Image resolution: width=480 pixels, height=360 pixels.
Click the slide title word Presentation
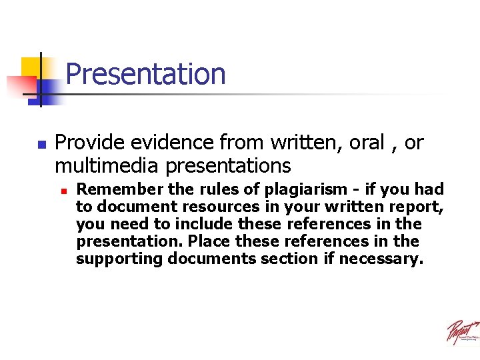pos(145,74)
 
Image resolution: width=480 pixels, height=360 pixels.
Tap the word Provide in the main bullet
pos(91,143)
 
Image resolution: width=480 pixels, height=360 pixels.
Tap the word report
pos(418,207)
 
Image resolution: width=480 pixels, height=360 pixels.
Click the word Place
pos(215,241)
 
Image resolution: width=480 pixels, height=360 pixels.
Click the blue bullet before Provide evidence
pos(41,144)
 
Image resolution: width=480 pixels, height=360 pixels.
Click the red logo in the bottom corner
pos(462,331)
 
